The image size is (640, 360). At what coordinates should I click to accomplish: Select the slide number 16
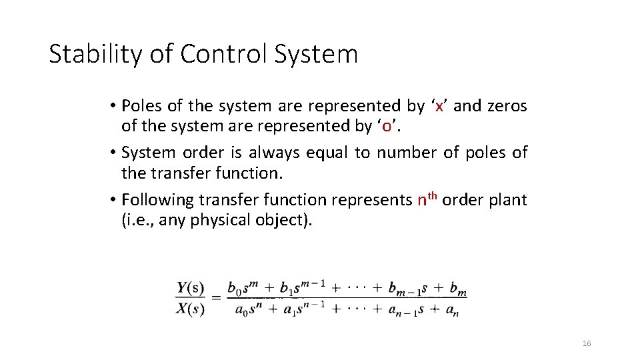[x=587, y=343]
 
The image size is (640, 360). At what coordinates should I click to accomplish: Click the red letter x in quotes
[x=439, y=106]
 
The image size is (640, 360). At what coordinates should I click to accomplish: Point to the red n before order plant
[x=421, y=200]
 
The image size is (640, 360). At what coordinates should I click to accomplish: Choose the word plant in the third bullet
[x=507, y=200]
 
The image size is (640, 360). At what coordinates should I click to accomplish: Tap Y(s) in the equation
[x=191, y=289]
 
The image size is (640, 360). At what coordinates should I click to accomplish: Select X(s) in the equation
[x=191, y=309]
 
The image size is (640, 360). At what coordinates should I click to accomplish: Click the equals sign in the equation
[x=217, y=299]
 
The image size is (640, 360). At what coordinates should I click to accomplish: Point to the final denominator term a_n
[x=451, y=310]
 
